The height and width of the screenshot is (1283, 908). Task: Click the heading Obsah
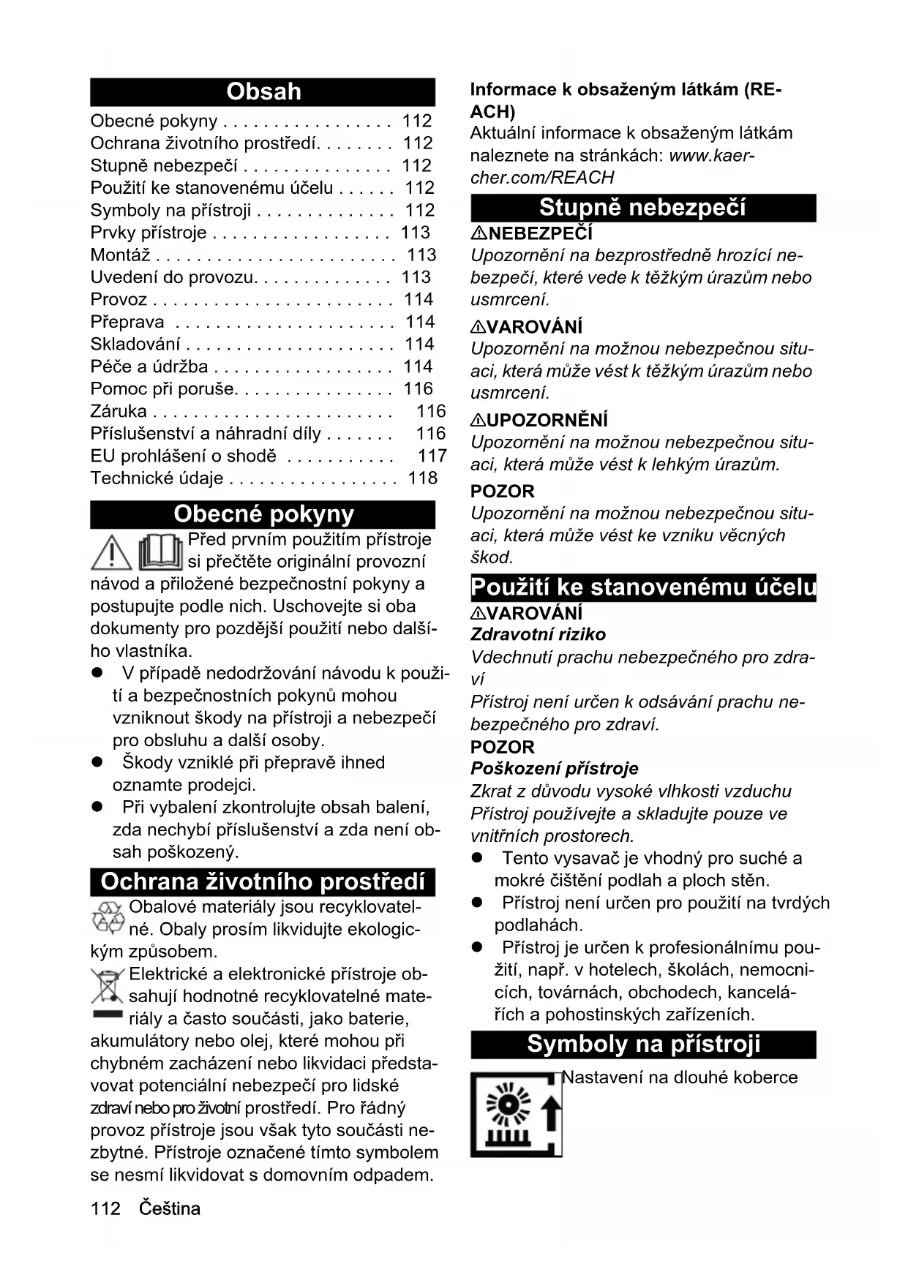[x=263, y=91]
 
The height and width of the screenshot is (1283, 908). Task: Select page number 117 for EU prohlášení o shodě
[x=432, y=456]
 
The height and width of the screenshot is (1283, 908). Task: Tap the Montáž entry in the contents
[x=120, y=255]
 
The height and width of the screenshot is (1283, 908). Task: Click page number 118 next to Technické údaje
[x=423, y=478]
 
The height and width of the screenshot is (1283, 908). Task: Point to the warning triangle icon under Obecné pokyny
[x=111, y=553]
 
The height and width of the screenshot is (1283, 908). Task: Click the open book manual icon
[x=160, y=552]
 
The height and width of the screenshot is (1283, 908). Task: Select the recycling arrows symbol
[x=108, y=918]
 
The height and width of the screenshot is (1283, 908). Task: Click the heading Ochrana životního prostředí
[x=263, y=881]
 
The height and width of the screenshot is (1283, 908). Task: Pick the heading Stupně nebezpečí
[x=642, y=208]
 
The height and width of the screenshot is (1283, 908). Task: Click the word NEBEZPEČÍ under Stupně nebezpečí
[x=540, y=233]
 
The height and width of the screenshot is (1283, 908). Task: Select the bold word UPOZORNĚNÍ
[x=547, y=420]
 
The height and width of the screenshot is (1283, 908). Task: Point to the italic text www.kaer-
[x=712, y=155]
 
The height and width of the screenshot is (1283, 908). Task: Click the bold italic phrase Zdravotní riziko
[x=539, y=634]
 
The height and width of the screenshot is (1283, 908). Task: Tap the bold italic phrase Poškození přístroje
[x=555, y=768]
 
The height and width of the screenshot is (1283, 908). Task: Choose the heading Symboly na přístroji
[x=643, y=1044]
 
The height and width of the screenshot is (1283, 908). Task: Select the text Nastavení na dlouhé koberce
[x=680, y=1077]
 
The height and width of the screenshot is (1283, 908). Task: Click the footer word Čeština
[x=170, y=1208]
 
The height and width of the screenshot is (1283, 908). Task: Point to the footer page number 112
[x=105, y=1208]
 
